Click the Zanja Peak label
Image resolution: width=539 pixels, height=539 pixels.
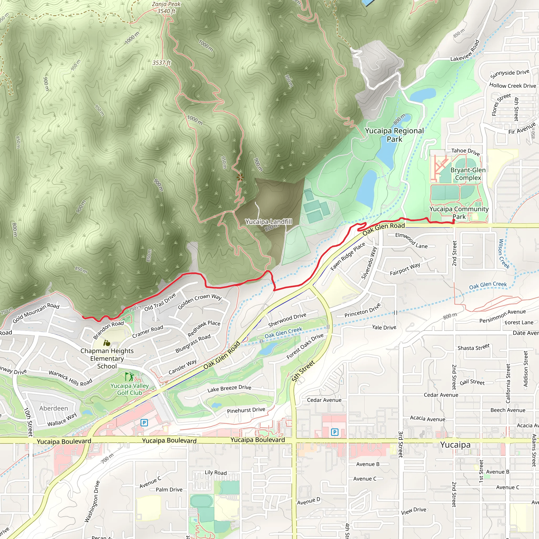pyautogui.click(x=166, y=4)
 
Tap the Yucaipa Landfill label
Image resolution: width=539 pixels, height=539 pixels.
pyautogui.click(x=268, y=222)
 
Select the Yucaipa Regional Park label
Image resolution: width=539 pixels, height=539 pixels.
pyautogui.click(x=394, y=135)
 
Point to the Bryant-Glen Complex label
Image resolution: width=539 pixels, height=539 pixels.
pyautogui.click(x=468, y=174)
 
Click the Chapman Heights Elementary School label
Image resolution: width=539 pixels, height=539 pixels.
pyautogui.click(x=107, y=358)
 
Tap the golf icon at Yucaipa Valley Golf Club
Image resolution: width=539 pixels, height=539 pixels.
pyautogui.click(x=129, y=377)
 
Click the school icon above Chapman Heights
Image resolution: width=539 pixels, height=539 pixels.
pyautogui.click(x=107, y=343)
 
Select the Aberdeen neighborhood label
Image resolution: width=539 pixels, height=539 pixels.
pyautogui.click(x=54, y=408)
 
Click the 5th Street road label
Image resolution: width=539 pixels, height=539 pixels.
pyautogui.click(x=303, y=371)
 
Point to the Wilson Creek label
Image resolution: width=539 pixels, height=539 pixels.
pyautogui.click(x=504, y=254)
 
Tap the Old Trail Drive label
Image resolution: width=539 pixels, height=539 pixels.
pyautogui.click(x=160, y=302)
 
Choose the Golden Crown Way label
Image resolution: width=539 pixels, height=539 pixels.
pyautogui.click(x=199, y=301)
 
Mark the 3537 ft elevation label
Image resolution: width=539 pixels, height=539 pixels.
pyautogui.click(x=161, y=63)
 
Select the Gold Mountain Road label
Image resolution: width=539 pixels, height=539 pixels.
pyautogui.click(x=36, y=313)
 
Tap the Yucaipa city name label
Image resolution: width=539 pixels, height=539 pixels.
pyautogui.click(x=455, y=445)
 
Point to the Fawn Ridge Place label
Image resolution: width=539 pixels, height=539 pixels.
pyautogui.click(x=348, y=256)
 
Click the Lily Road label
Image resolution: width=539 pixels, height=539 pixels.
pyautogui.click(x=216, y=472)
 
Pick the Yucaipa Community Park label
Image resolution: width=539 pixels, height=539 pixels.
pyautogui.click(x=459, y=213)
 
